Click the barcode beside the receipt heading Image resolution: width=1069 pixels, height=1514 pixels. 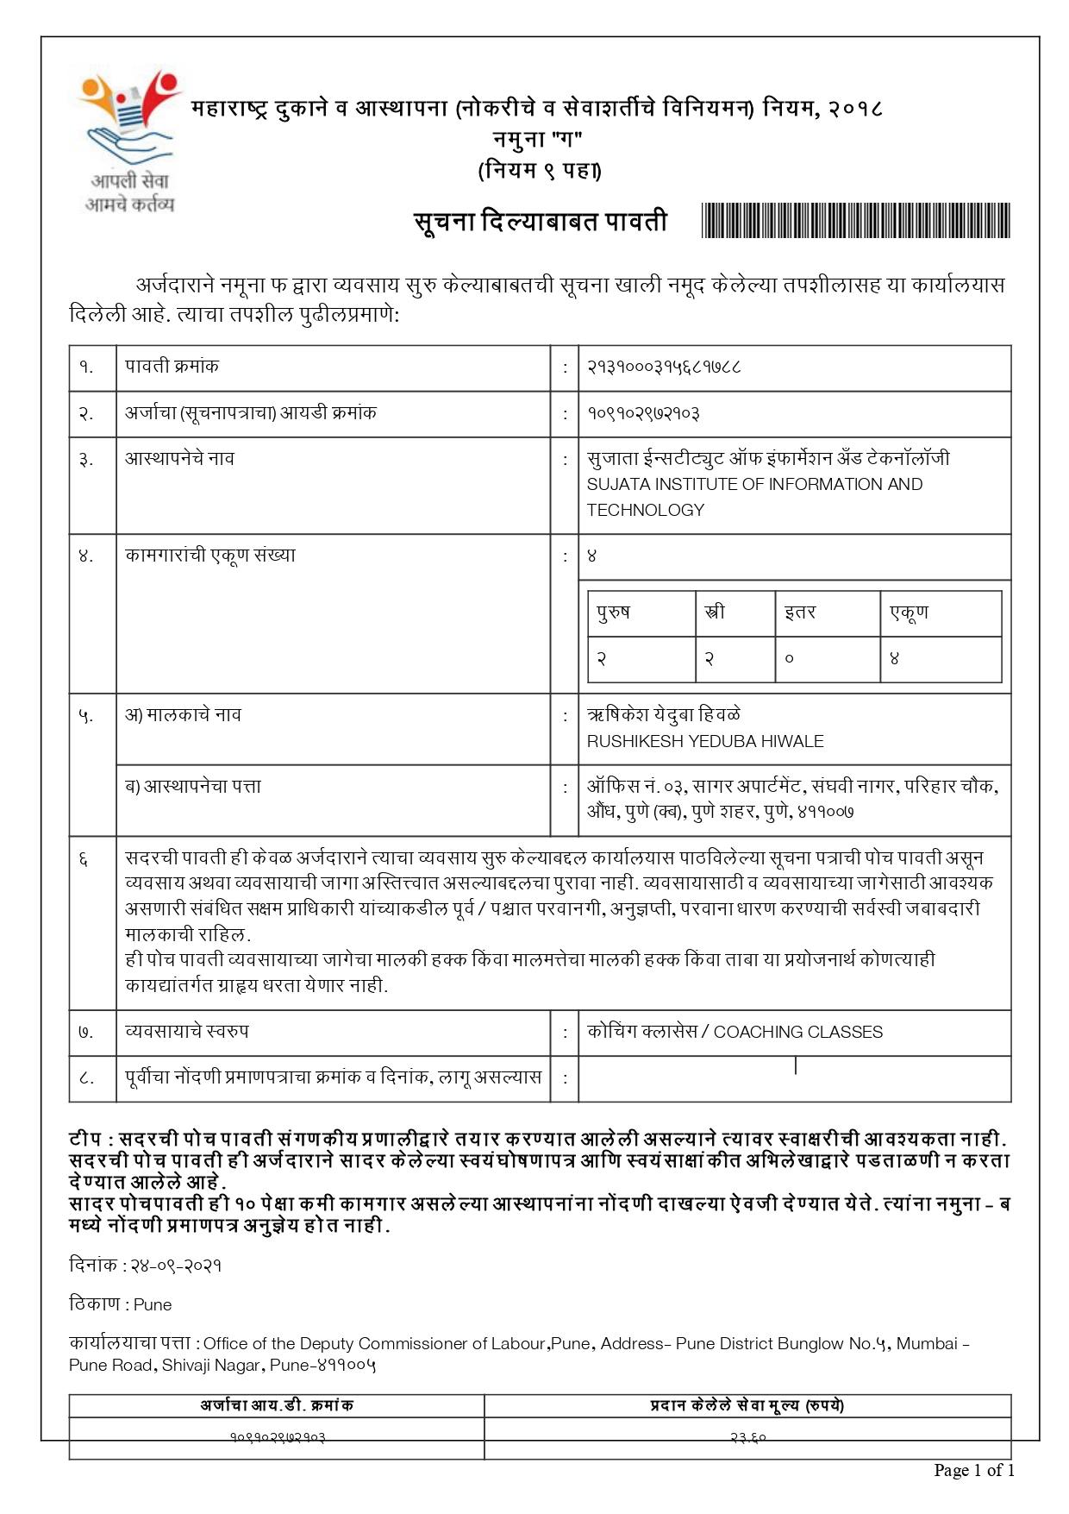click(855, 221)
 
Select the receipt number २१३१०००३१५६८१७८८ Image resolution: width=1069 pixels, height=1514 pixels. click(664, 368)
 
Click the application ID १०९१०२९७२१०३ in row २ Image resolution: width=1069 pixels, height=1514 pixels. click(643, 414)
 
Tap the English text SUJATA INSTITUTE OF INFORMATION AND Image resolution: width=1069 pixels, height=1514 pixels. click(754, 485)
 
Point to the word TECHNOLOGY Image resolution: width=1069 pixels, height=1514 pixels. click(646, 511)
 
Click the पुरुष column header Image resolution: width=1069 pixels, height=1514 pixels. click(613, 613)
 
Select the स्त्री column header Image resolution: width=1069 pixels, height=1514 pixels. click(715, 613)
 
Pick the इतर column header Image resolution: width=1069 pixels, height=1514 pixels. click(799, 613)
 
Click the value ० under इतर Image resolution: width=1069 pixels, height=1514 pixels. click(789, 659)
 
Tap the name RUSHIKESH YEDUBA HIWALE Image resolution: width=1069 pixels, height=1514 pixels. click(705, 742)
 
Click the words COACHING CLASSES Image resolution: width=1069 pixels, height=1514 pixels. click(798, 1033)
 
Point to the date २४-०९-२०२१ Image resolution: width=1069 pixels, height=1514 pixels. click(175, 1266)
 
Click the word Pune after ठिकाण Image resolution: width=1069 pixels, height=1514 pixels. click(153, 1305)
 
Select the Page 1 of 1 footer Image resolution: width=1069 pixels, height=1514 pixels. click(973, 1471)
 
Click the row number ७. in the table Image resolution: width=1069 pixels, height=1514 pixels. click(85, 1033)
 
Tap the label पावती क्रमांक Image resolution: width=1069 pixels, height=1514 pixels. click(172, 367)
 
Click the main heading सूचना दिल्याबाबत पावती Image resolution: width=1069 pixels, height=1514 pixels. click(541, 223)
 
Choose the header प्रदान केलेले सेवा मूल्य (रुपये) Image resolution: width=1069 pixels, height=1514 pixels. click(747, 1406)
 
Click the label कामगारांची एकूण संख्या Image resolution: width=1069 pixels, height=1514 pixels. click(209, 556)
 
